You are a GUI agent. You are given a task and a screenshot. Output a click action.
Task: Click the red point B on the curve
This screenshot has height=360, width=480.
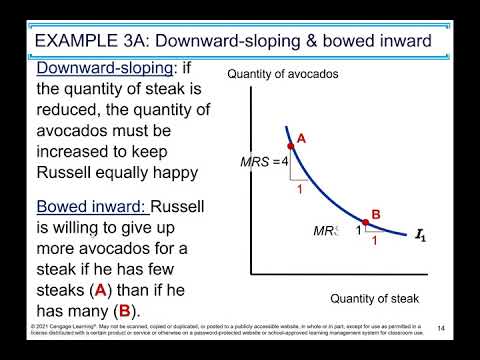point(365,224)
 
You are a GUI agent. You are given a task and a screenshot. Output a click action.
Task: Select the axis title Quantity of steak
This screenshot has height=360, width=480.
point(372,298)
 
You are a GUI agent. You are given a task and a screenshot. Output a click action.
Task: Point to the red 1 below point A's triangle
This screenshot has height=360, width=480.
point(298,190)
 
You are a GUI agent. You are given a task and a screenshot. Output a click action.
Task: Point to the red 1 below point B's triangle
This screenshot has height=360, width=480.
point(374,241)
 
